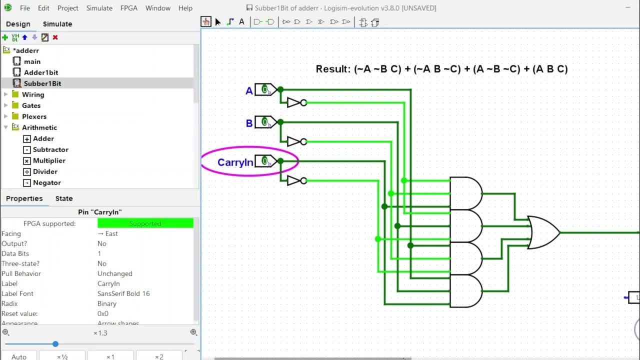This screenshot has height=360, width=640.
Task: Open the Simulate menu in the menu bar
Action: click(99, 8)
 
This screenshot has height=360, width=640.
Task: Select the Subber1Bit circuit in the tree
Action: click(42, 83)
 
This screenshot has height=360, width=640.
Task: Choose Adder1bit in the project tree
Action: click(40, 72)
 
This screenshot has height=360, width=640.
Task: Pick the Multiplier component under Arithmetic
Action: click(48, 160)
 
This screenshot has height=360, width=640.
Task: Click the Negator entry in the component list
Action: click(46, 182)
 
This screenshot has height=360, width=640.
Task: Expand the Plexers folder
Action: click(6, 116)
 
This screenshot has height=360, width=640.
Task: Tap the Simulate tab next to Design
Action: click(57, 24)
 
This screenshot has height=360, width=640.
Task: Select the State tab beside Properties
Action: click(63, 198)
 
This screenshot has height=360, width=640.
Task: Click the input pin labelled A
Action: click(265, 90)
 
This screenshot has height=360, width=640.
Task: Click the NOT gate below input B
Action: click(295, 141)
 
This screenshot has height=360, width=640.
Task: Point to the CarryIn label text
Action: click(235, 162)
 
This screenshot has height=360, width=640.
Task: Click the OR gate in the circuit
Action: click(543, 232)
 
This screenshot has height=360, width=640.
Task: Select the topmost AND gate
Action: click(465, 193)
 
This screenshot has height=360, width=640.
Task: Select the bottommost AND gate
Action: click(465, 291)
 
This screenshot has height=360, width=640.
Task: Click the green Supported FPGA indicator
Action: click(145, 223)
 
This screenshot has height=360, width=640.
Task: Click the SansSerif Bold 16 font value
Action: click(123, 293)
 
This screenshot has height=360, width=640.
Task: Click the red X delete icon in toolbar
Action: click(55, 37)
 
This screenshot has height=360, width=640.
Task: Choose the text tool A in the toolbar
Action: click(241, 22)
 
